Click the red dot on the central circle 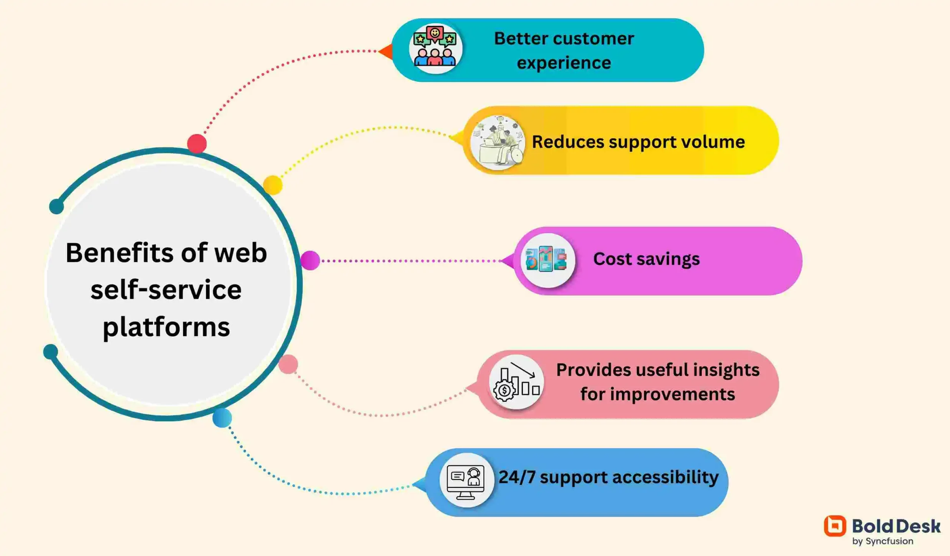tap(197, 143)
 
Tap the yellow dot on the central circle tap(272, 185)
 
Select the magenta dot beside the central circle tap(310, 260)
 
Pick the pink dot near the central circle tap(288, 364)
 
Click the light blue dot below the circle tap(222, 418)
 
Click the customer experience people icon tap(435, 48)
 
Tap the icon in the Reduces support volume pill tap(498, 142)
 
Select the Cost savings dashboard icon tap(547, 260)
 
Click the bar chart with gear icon tap(516, 382)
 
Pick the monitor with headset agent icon tap(466, 481)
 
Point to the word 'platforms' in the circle tap(166, 327)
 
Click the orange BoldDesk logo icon tap(835, 526)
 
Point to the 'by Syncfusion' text tap(882, 541)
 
